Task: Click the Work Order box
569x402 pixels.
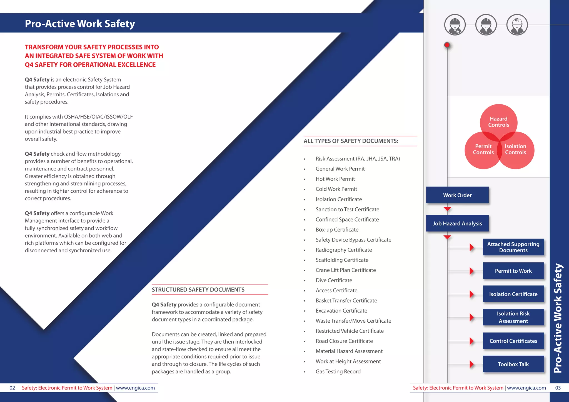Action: [457, 195]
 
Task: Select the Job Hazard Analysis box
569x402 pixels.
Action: [457, 223]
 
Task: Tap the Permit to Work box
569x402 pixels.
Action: [513, 271]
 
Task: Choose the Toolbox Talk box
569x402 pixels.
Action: [513, 364]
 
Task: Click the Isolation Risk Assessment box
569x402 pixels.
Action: [513, 317]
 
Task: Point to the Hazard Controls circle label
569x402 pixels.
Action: [498, 122]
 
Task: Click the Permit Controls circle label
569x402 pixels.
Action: [483, 149]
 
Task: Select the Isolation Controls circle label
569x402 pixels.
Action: [515, 149]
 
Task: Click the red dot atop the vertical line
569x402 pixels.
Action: [447, 45]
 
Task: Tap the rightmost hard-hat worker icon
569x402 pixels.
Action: [517, 25]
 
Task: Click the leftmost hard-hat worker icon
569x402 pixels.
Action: [455, 25]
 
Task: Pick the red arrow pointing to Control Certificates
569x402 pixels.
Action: [471, 341]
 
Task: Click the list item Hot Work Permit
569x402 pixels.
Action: [335, 179]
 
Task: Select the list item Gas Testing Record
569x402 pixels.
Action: [338, 371]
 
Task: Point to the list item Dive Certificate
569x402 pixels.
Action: [334, 280]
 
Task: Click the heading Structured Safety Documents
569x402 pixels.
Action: [198, 290]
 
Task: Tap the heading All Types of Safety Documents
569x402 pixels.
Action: [351, 141]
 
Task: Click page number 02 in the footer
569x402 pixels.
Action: [12, 388]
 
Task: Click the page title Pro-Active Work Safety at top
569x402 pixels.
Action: [80, 24]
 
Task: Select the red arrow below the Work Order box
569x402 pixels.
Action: [447, 209]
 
